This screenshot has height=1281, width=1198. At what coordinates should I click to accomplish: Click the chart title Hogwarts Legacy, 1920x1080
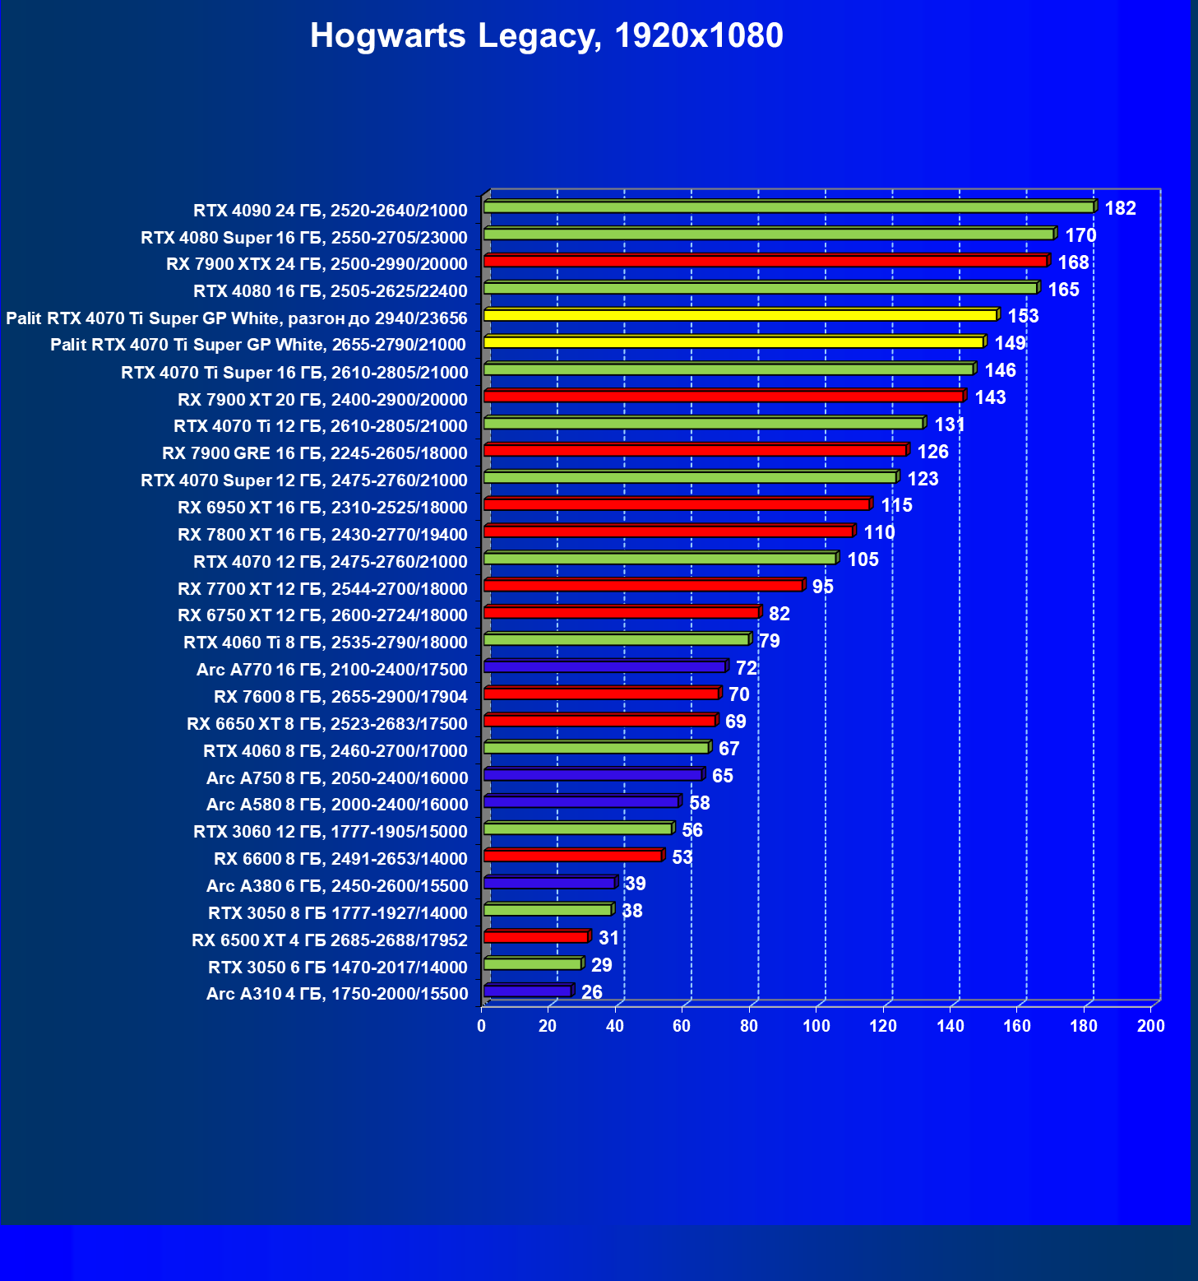point(547,36)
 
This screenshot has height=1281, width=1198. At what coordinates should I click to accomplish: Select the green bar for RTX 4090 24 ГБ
point(789,207)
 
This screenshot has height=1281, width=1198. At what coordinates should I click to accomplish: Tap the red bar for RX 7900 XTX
point(765,262)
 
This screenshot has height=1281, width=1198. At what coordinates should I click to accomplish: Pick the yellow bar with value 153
point(740,316)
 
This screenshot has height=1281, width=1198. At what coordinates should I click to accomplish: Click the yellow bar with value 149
point(733,342)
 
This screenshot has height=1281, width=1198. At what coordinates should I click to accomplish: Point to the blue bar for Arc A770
point(605,667)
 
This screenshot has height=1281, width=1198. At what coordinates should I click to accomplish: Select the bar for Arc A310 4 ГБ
point(528,991)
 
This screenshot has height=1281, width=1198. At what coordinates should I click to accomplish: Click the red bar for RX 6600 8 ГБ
point(573,856)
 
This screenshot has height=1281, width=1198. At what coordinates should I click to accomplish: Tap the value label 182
point(1120,209)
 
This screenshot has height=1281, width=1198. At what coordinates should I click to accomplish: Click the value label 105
point(863,560)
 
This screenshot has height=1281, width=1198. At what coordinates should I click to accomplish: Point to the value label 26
point(591,993)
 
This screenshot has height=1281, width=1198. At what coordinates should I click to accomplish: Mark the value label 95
point(822,587)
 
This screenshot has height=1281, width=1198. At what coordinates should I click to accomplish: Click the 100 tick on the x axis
point(816,1026)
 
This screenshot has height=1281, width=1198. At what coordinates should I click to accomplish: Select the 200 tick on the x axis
point(1150,1026)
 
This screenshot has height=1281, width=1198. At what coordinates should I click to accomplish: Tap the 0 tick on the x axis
point(482,1026)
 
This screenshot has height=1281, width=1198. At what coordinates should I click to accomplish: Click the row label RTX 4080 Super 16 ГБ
point(304,238)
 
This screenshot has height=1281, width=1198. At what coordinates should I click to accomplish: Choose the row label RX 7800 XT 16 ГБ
point(322,535)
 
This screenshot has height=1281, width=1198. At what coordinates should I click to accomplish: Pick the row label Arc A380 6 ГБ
point(337,886)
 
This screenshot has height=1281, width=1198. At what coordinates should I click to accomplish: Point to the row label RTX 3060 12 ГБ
point(331,832)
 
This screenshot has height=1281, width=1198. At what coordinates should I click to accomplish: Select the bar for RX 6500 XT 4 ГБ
point(536,937)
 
